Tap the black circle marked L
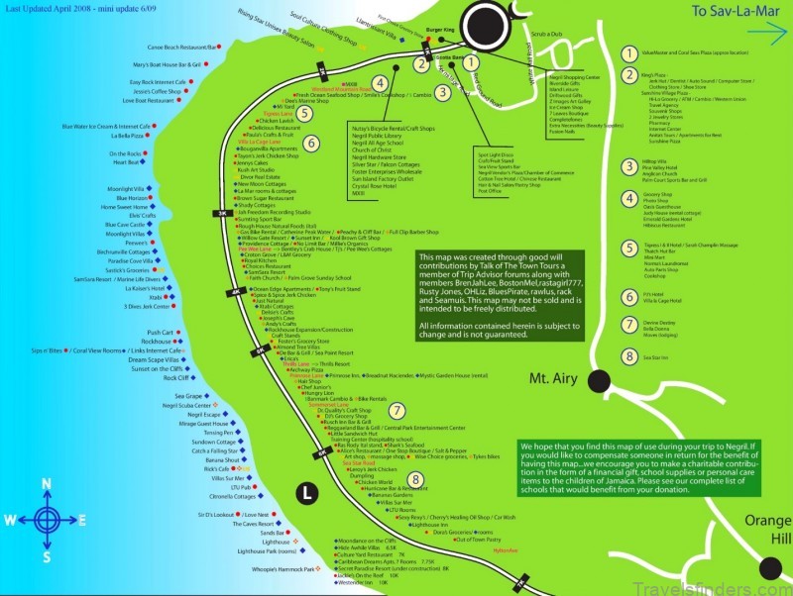(x=307, y=490)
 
